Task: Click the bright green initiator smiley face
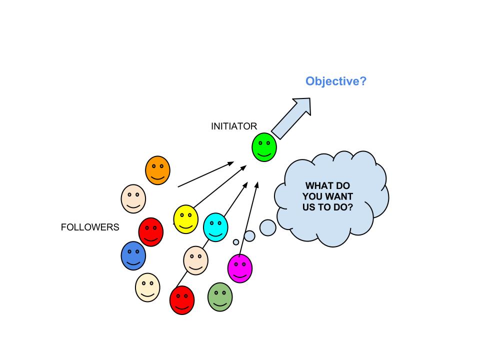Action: pos(264,147)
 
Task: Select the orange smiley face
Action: pos(157,170)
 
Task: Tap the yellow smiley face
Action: pos(185,218)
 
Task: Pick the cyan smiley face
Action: pos(215,227)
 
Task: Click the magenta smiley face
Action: pos(239,268)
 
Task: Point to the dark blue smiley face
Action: pos(133,255)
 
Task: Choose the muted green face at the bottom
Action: pos(220,296)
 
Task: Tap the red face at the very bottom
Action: pos(182,300)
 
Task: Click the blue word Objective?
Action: pos(336,81)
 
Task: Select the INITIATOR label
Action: pos(234,126)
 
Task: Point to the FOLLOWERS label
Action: pos(90,227)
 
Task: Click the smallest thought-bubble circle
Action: pos(236,242)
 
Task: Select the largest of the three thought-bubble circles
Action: pos(268,227)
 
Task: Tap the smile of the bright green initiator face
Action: pos(264,152)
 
